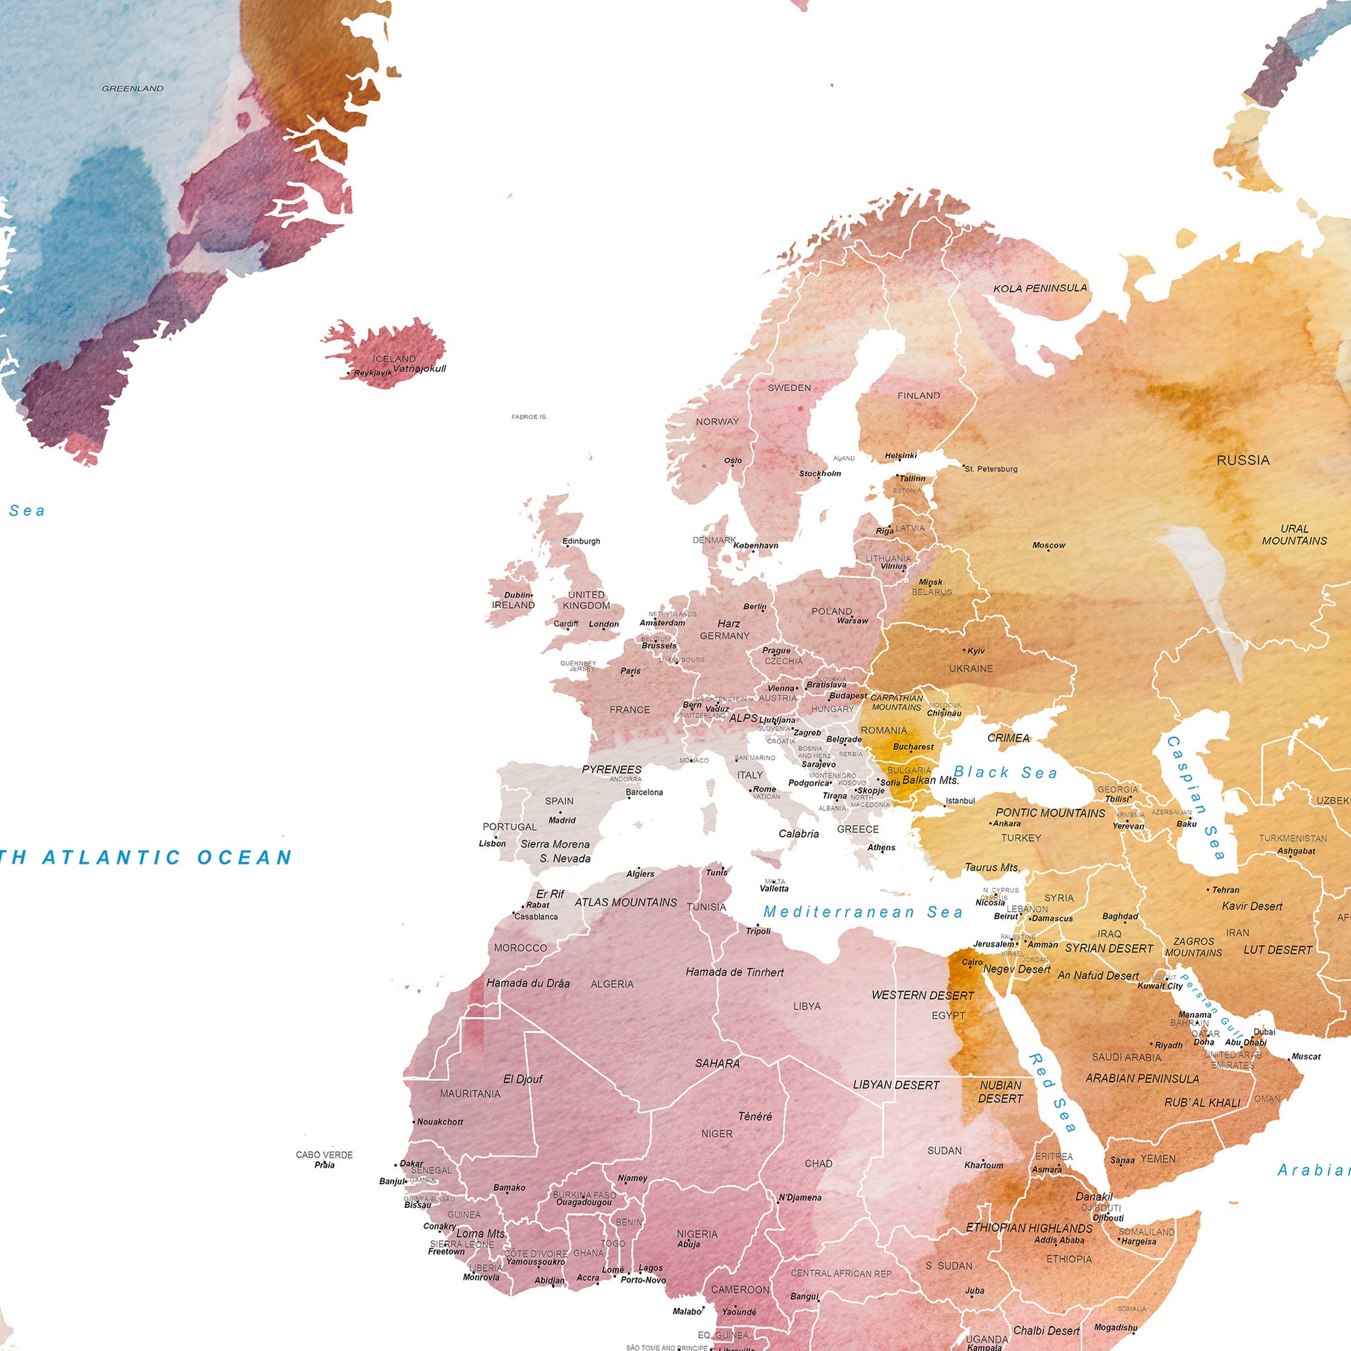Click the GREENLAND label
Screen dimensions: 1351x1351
coord(132,89)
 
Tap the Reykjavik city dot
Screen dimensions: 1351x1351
coord(349,374)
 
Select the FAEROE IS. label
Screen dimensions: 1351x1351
coord(529,417)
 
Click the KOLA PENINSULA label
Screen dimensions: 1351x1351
coord(1040,288)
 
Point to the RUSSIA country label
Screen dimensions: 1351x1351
coord(1243,460)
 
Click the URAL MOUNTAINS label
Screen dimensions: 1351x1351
coord(1293,535)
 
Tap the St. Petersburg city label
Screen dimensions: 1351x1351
coord(991,469)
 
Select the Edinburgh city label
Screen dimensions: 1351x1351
coord(581,542)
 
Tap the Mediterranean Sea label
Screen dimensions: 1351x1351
coord(863,912)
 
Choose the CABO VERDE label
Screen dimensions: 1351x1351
coord(324,1155)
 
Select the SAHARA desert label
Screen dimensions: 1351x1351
coord(716,1063)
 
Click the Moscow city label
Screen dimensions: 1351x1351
coord(1048,546)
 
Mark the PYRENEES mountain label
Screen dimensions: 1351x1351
coord(611,769)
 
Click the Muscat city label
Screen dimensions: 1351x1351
coord(1306,1057)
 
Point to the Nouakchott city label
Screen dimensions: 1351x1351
coord(439,1122)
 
